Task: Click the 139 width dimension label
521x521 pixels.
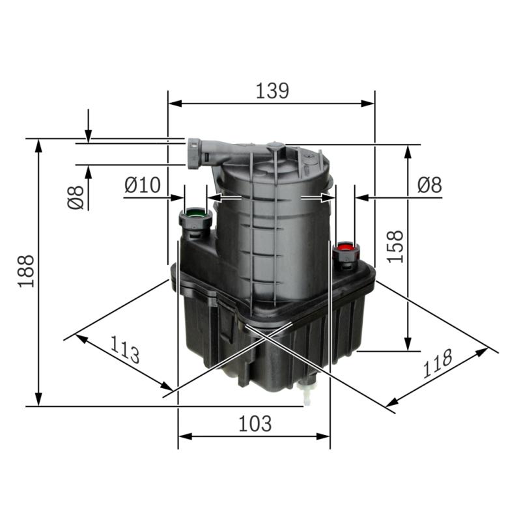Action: click(x=272, y=91)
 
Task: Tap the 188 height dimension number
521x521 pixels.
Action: click(x=26, y=271)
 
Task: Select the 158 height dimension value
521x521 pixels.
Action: click(x=395, y=246)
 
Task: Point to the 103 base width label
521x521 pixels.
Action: click(x=254, y=423)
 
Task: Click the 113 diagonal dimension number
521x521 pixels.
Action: click(x=123, y=350)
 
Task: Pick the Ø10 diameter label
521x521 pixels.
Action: click(x=142, y=185)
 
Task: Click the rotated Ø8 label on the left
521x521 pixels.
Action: click(x=76, y=197)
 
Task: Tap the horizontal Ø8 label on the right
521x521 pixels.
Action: click(x=429, y=185)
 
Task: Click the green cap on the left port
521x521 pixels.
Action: click(x=195, y=213)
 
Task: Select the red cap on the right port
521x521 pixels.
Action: click(x=345, y=247)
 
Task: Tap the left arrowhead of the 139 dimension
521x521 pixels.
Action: click(x=174, y=103)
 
